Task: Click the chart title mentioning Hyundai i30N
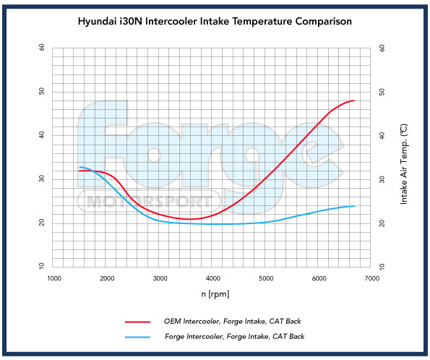(x=215, y=22)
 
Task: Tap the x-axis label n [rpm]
(x=215, y=295)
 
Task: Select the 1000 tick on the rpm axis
(x=54, y=278)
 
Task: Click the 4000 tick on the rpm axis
(x=213, y=278)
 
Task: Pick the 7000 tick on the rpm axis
(x=372, y=278)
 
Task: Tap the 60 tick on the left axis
(x=41, y=48)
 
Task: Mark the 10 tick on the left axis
(x=41, y=267)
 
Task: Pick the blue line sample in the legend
(x=137, y=336)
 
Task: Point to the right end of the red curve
(x=354, y=100)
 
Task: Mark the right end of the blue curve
(x=354, y=206)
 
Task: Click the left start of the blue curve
(x=80, y=167)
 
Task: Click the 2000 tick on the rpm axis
(x=107, y=278)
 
